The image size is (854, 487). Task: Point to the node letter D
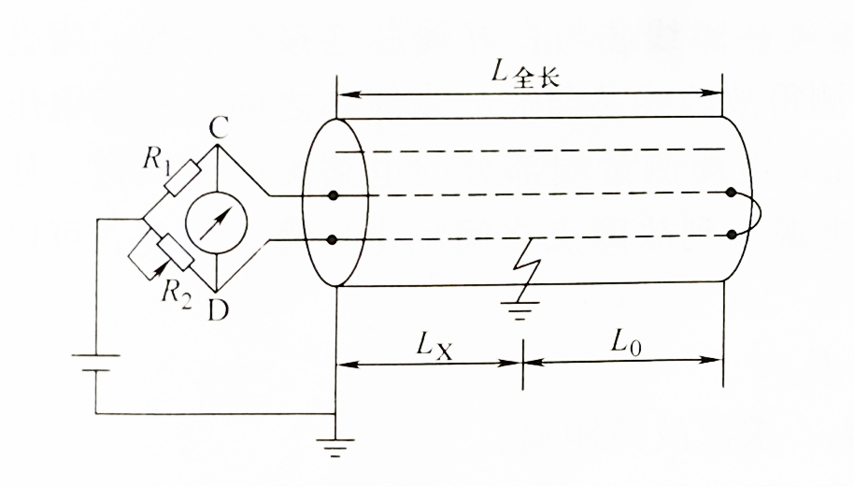[217, 309]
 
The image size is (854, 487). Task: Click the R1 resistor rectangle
[181, 177]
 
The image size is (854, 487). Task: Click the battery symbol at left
[95, 362]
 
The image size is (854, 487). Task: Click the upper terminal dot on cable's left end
[334, 196]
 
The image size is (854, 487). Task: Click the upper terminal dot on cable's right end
[732, 193]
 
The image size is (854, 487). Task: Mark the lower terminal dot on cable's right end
[732, 235]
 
